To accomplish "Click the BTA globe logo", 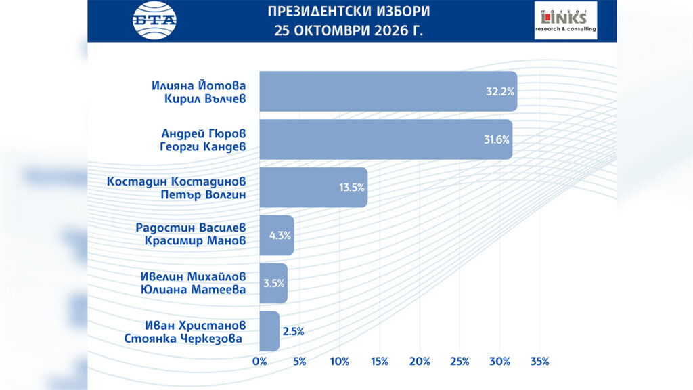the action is click(x=155, y=20).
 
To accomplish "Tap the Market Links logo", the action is click(x=566, y=20).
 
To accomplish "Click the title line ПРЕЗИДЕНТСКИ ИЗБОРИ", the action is click(x=349, y=11).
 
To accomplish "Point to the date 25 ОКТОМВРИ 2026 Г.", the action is click(x=349, y=31).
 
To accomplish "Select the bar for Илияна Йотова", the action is click(x=388, y=91).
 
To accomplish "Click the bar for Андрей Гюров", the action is click(x=386, y=139).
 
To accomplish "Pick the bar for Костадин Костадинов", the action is click(x=313, y=187).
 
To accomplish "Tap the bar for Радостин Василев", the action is click(x=277, y=235).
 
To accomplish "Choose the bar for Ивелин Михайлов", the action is click(x=273, y=284).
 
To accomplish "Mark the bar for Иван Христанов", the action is click(x=269, y=331).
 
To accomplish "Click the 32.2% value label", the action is click(x=500, y=91).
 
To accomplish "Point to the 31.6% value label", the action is click(x=496, y=139).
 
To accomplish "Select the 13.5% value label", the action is click(x=352, y=188).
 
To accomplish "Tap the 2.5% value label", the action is click(x=293, y=332).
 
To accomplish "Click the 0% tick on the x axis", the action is click(x=259, y=362).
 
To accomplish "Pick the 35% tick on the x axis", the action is click(x=539, y=362).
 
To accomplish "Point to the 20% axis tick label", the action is click(x=420, y=362).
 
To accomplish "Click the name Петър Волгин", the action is click(x=203, y=194).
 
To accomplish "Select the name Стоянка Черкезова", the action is click(x=183, y=339).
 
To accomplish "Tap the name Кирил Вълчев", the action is click(x=205, y=99).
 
